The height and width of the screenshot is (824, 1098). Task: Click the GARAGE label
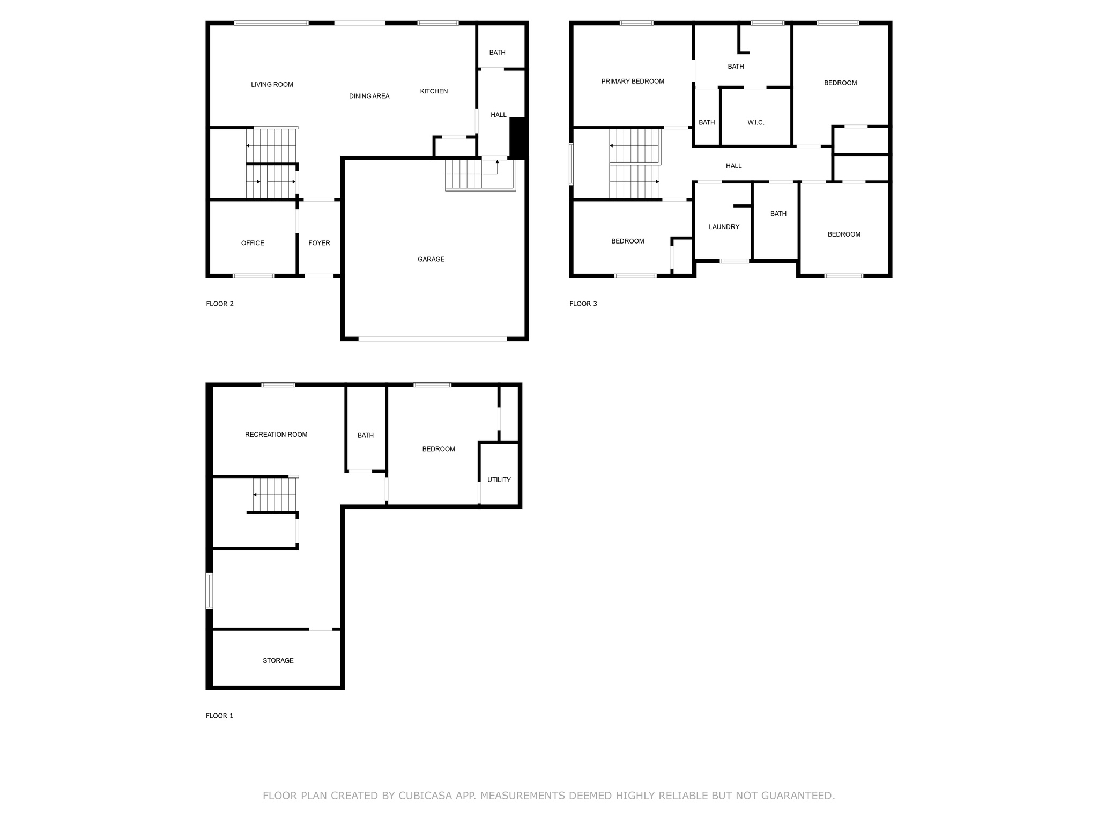[x=431, y=259]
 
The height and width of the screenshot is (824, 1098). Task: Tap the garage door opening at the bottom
[x=432, y=339]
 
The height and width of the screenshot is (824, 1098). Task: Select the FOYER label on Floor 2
[x=319, y=243]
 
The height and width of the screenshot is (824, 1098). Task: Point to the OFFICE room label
[x=253, y=243]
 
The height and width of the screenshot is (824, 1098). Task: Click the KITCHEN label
[x=434, y=91]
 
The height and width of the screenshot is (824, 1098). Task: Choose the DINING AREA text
[x=369, y=96]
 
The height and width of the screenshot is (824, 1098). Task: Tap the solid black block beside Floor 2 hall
[x=518, y=137]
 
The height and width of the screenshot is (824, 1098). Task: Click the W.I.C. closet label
[x=756, y=123]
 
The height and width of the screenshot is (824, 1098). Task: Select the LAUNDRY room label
[x=724, y=227]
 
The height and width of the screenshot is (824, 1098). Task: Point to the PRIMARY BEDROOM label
[x=633, y=82]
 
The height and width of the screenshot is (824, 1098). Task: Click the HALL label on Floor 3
[x=733, y=166]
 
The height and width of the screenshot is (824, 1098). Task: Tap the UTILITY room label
[x=499, y=480]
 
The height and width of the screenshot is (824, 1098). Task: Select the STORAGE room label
[x=278, y=660]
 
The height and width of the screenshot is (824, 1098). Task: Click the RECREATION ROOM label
[x=276, y=435]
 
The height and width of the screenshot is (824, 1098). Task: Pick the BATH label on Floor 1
[x=366, y=435]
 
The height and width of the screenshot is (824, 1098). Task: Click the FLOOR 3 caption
[x=583, y=304]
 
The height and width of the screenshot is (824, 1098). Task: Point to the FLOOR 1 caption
[x=219, y=716]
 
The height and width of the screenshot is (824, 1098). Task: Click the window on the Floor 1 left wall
[x=210, y=591]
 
